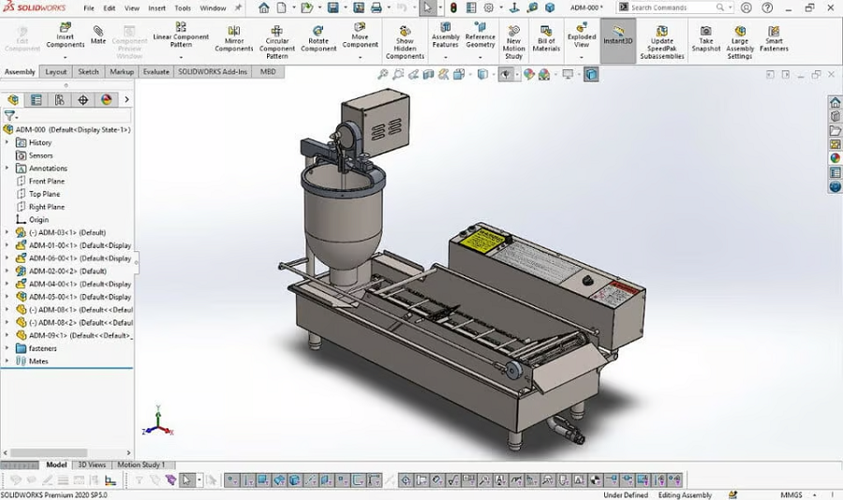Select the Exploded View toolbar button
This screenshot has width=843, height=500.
point(582,37)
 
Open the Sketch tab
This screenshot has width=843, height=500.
point(88,71)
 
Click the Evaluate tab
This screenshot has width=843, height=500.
point(155,71)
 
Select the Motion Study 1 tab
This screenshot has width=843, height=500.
point(140,464)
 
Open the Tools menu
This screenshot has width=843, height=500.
point(182,7)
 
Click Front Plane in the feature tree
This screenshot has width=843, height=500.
point(47,181)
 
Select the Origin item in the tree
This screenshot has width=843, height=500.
point(38,220)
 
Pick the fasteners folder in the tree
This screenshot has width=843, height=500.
point(42,348)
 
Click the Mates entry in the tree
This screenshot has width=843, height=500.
point(38,361)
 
